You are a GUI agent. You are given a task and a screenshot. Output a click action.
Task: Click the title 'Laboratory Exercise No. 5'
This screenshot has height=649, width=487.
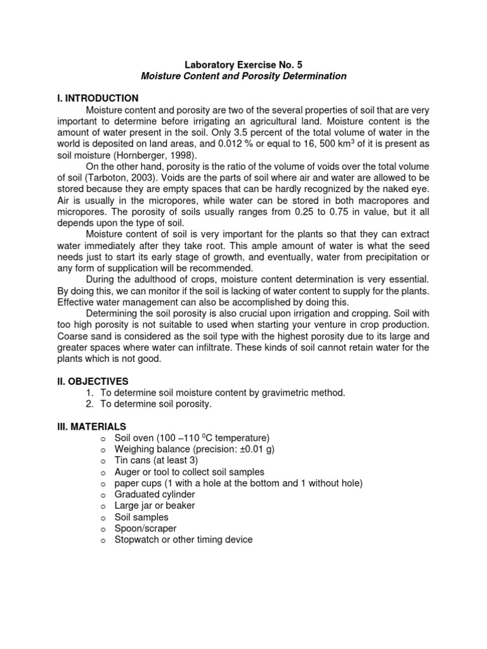(x=243, y=64)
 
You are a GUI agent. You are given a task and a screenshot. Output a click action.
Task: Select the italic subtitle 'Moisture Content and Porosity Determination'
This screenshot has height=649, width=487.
(x=243, y=76)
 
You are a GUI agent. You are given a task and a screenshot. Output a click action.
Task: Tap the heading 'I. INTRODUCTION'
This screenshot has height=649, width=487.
(x=98, y=98)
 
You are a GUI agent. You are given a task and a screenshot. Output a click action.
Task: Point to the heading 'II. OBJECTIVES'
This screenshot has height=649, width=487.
(x=93, y=381)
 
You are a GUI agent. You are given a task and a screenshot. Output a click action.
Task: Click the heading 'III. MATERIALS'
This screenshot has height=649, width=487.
(x=92, y=427)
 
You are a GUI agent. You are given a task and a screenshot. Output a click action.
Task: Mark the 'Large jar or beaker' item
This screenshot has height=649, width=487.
(x=154, y=506)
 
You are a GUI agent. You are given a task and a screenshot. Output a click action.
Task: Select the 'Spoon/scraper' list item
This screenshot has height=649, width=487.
(x=145, y=529)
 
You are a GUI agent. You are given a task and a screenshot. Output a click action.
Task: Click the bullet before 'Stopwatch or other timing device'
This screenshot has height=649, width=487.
(x=102, y=540)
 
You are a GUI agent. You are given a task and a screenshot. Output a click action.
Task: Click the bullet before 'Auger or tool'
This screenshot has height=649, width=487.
(x=102, y=472)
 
